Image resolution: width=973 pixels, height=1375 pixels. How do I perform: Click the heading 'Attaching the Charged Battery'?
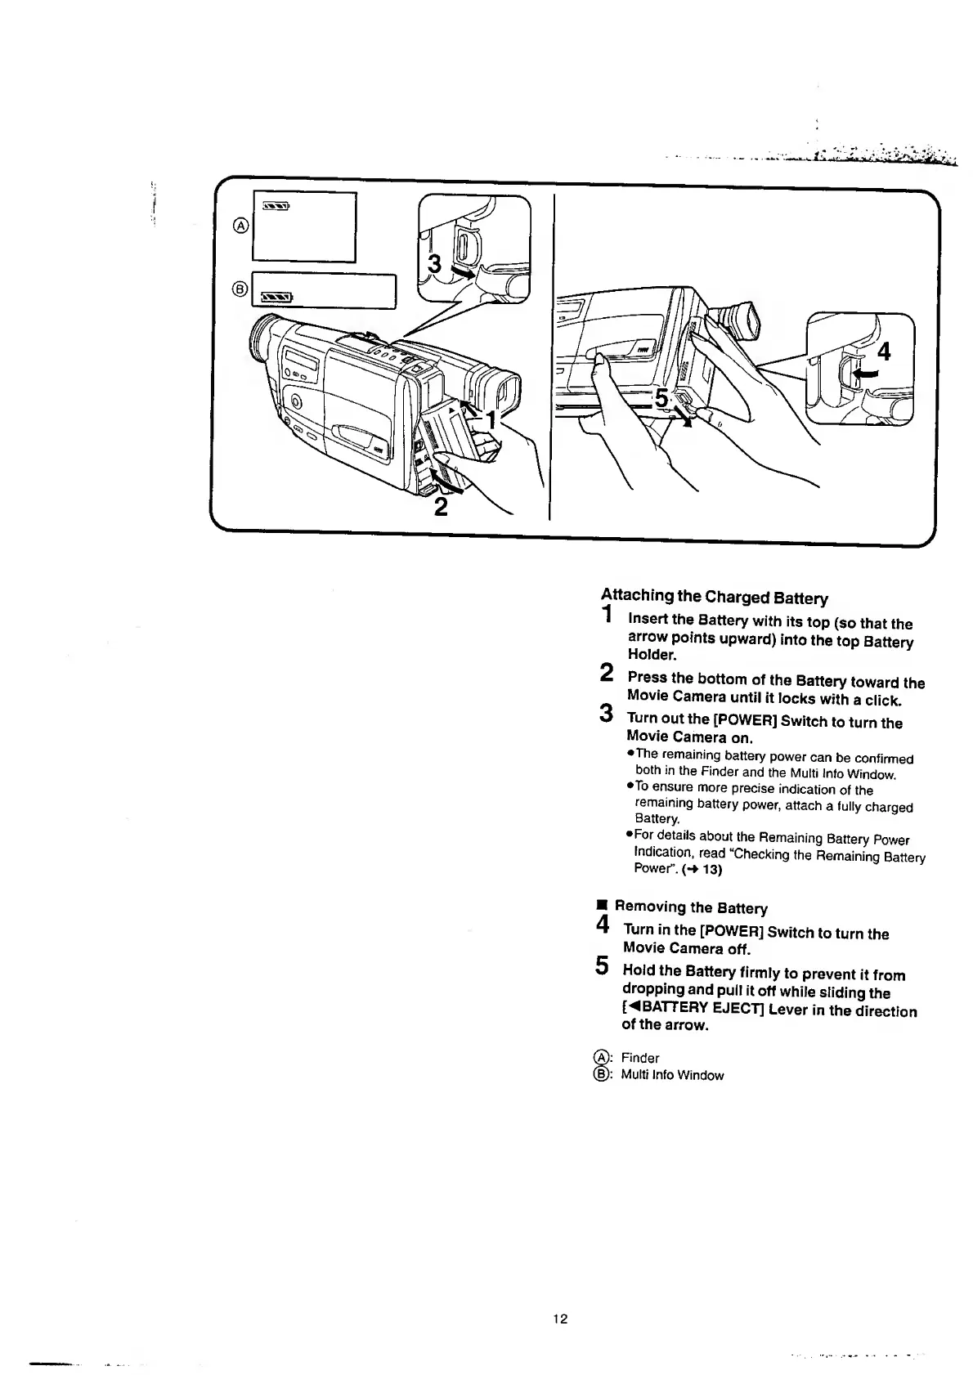coord(715,597)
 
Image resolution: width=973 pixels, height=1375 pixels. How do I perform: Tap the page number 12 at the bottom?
coord(560,1318)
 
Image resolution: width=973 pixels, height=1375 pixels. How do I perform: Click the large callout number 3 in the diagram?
coord(435,263)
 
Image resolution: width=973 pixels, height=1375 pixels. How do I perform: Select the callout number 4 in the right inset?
coord(883,352)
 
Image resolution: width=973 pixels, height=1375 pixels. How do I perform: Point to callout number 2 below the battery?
coord(441,507)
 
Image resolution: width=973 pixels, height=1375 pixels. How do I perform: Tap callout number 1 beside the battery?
coord(491,419)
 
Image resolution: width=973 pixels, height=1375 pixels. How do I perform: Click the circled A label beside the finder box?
coord(240,226)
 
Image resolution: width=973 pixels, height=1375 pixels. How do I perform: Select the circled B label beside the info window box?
coord(240,288)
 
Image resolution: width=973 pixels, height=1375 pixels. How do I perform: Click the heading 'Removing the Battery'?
coord(690,907)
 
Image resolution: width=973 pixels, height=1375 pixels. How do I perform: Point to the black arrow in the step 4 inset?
coord(863,373)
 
